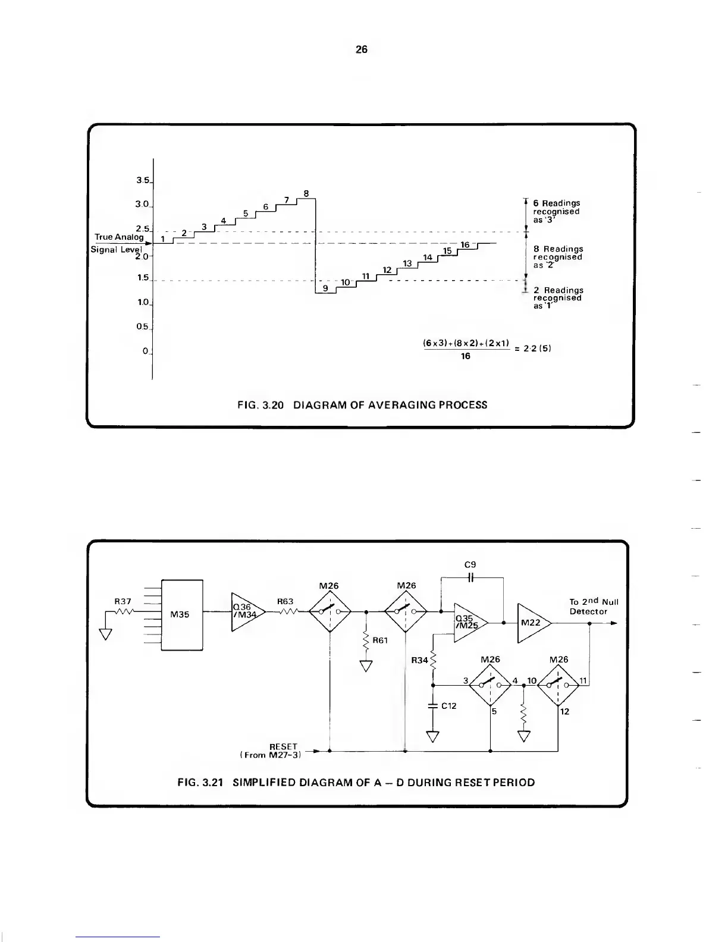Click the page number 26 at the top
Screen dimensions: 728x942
pos(361,50)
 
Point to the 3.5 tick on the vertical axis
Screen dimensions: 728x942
pos(143,181)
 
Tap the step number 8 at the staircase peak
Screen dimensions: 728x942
pos(306,193)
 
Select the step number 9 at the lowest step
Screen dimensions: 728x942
pos(325,288)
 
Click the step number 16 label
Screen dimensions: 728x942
pos(465,244)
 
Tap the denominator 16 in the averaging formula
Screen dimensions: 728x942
pos(465,356)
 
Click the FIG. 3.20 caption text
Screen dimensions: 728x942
pos(362,405)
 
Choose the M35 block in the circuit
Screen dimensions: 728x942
pos(180,614)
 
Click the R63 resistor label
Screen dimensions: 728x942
pos(285,601)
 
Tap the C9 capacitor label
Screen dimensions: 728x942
pos(470,564)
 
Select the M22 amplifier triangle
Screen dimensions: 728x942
pos(532,623)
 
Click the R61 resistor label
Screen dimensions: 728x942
pos(381,640)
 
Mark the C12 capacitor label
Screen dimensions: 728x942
pos(449,706)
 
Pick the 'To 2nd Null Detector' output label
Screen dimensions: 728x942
pos(593,606)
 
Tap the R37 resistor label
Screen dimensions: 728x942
pos(123,601)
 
